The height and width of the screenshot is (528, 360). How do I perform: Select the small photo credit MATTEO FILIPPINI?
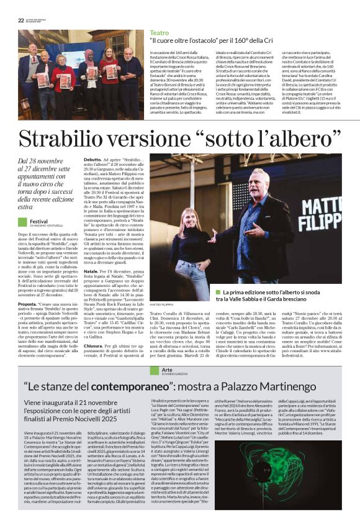tap(163, 305)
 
